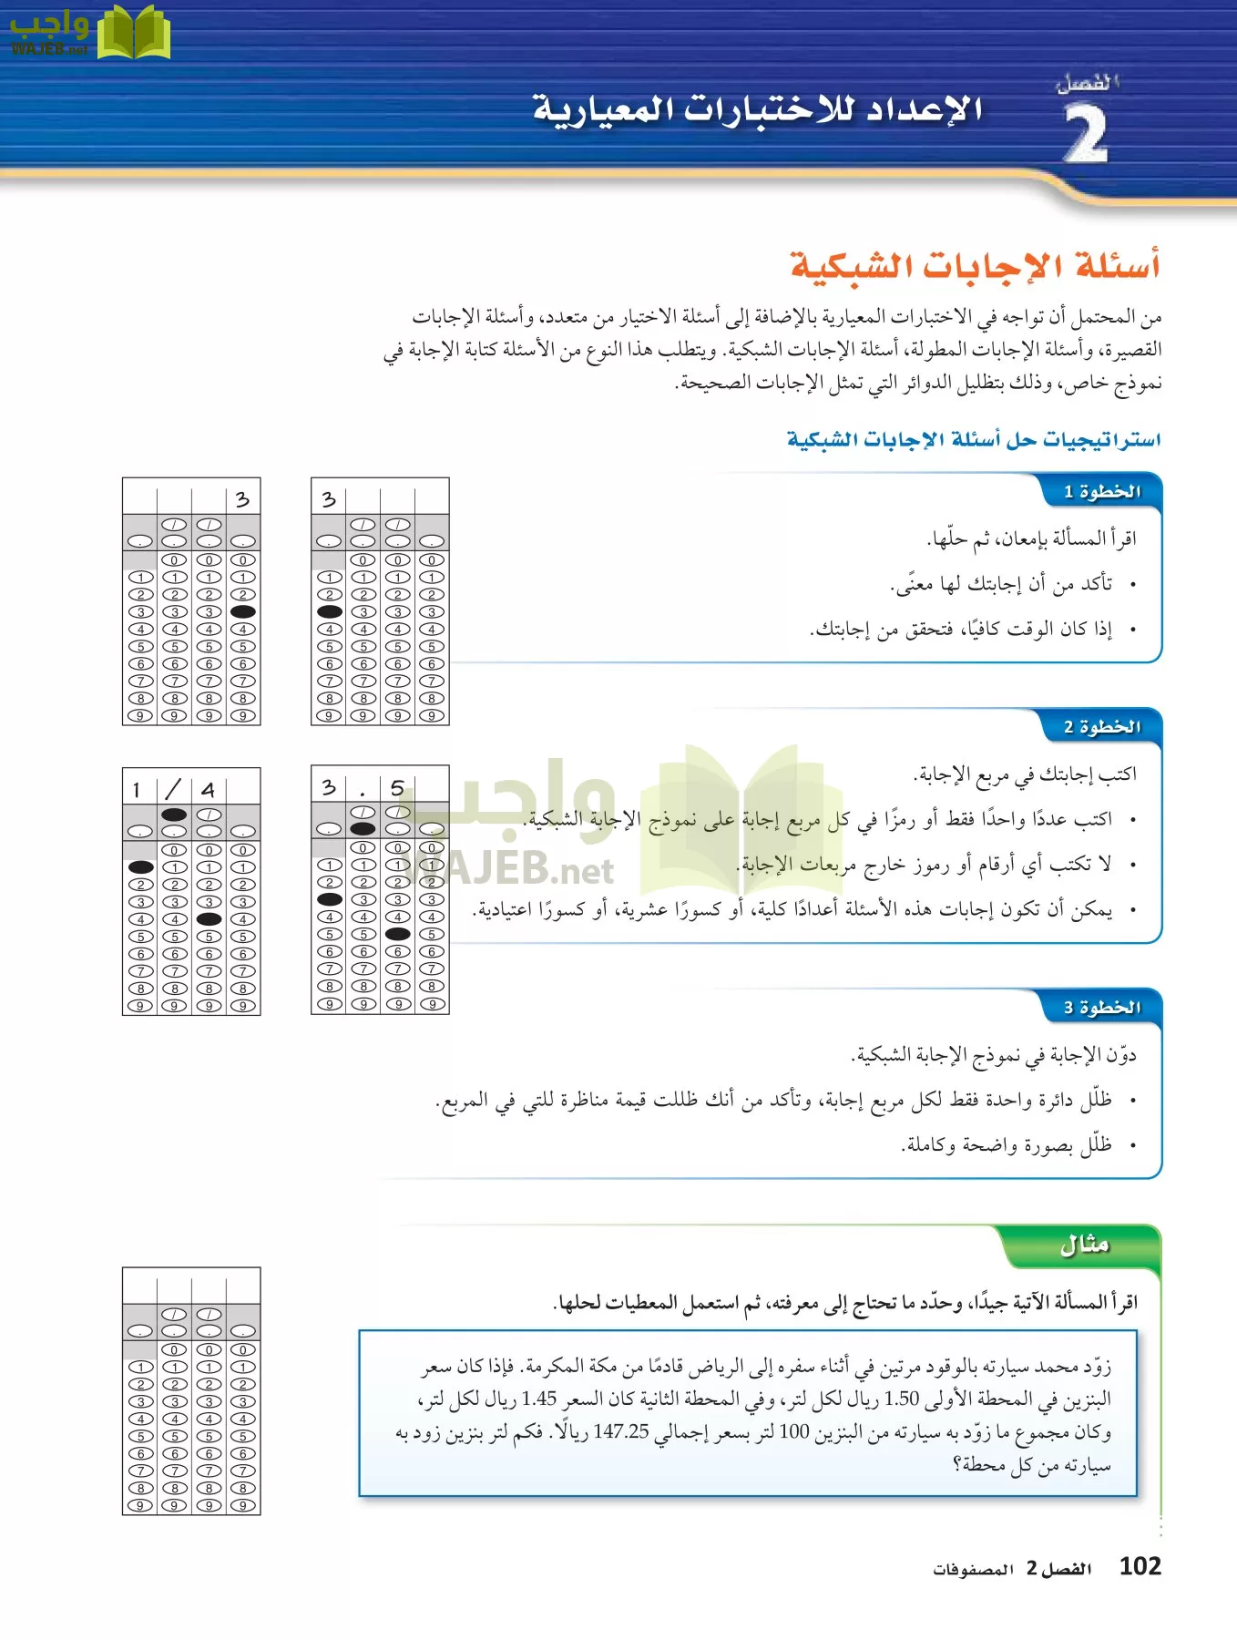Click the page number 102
pos(1140,1566)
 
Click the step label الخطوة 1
pos(1101,492)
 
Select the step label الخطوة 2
pos(1101,727)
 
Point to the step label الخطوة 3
pos(1101,1008)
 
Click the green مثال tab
pos(1084,1245)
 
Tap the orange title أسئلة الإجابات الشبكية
pos(975,266)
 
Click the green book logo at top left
pos(133,33)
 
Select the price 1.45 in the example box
pos(539,1399)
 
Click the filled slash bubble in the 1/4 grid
pos(174,815)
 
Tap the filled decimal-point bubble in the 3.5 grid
pos(363,829)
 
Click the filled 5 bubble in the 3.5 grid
pos(397,934)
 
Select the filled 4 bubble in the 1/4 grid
pos(209,919)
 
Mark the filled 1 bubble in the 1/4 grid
pos(140,867)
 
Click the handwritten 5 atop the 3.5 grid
pos(397,787)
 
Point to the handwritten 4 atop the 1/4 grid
pos(209,789)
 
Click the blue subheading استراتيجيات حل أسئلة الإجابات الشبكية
pos(974,440)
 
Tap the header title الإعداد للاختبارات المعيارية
pos(757,109)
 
